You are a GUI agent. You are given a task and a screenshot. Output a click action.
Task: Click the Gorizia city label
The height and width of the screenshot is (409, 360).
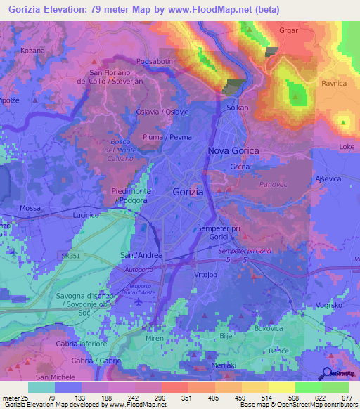(x=188, y=192)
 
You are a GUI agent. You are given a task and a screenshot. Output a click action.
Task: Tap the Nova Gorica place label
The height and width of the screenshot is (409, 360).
(x=233, y=151)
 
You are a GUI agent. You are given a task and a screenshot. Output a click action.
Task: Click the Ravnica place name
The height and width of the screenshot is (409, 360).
(x=334, y=84)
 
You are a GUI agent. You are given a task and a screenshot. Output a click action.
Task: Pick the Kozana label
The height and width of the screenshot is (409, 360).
(x=32, y=51)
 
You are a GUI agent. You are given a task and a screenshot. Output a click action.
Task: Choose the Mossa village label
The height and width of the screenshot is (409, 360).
(x=30, y=209)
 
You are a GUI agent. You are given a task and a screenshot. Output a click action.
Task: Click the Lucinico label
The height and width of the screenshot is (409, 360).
(x=89, y=216)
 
